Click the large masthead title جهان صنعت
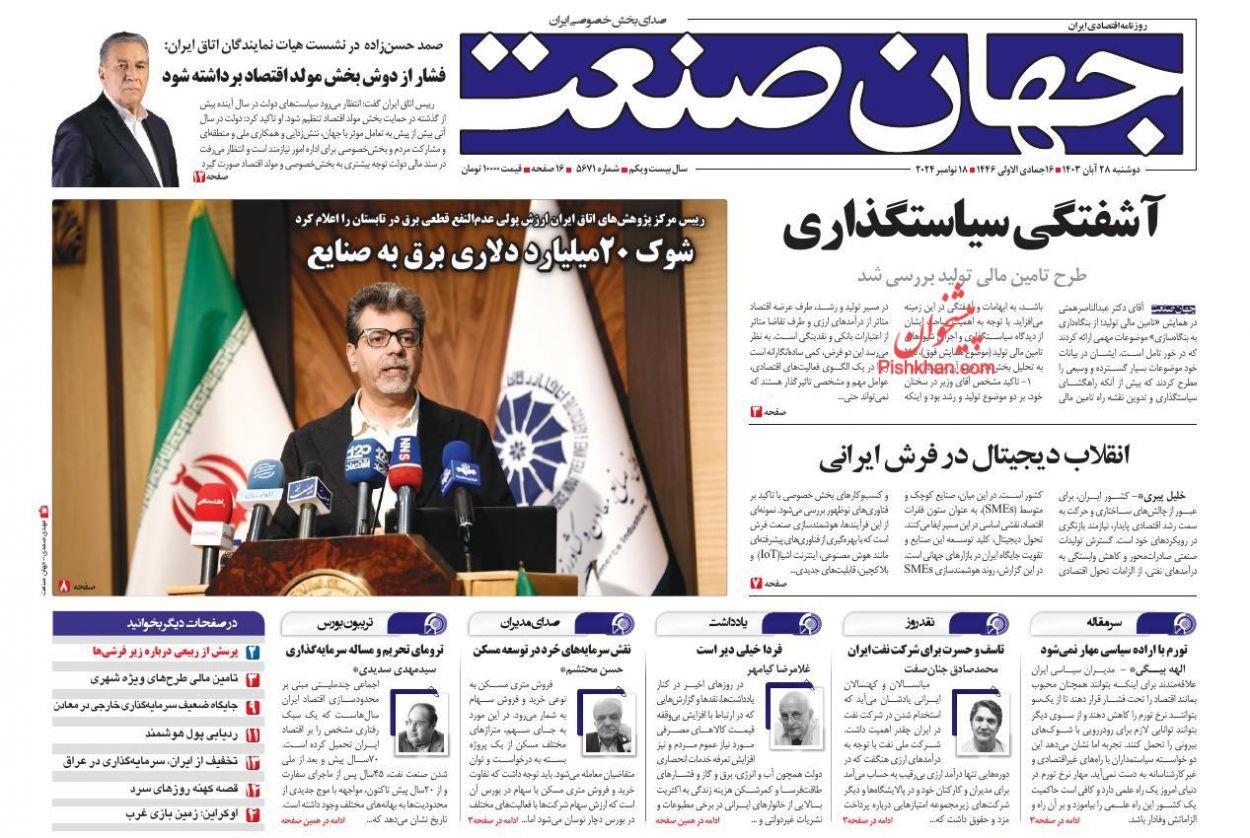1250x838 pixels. (820, 95)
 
